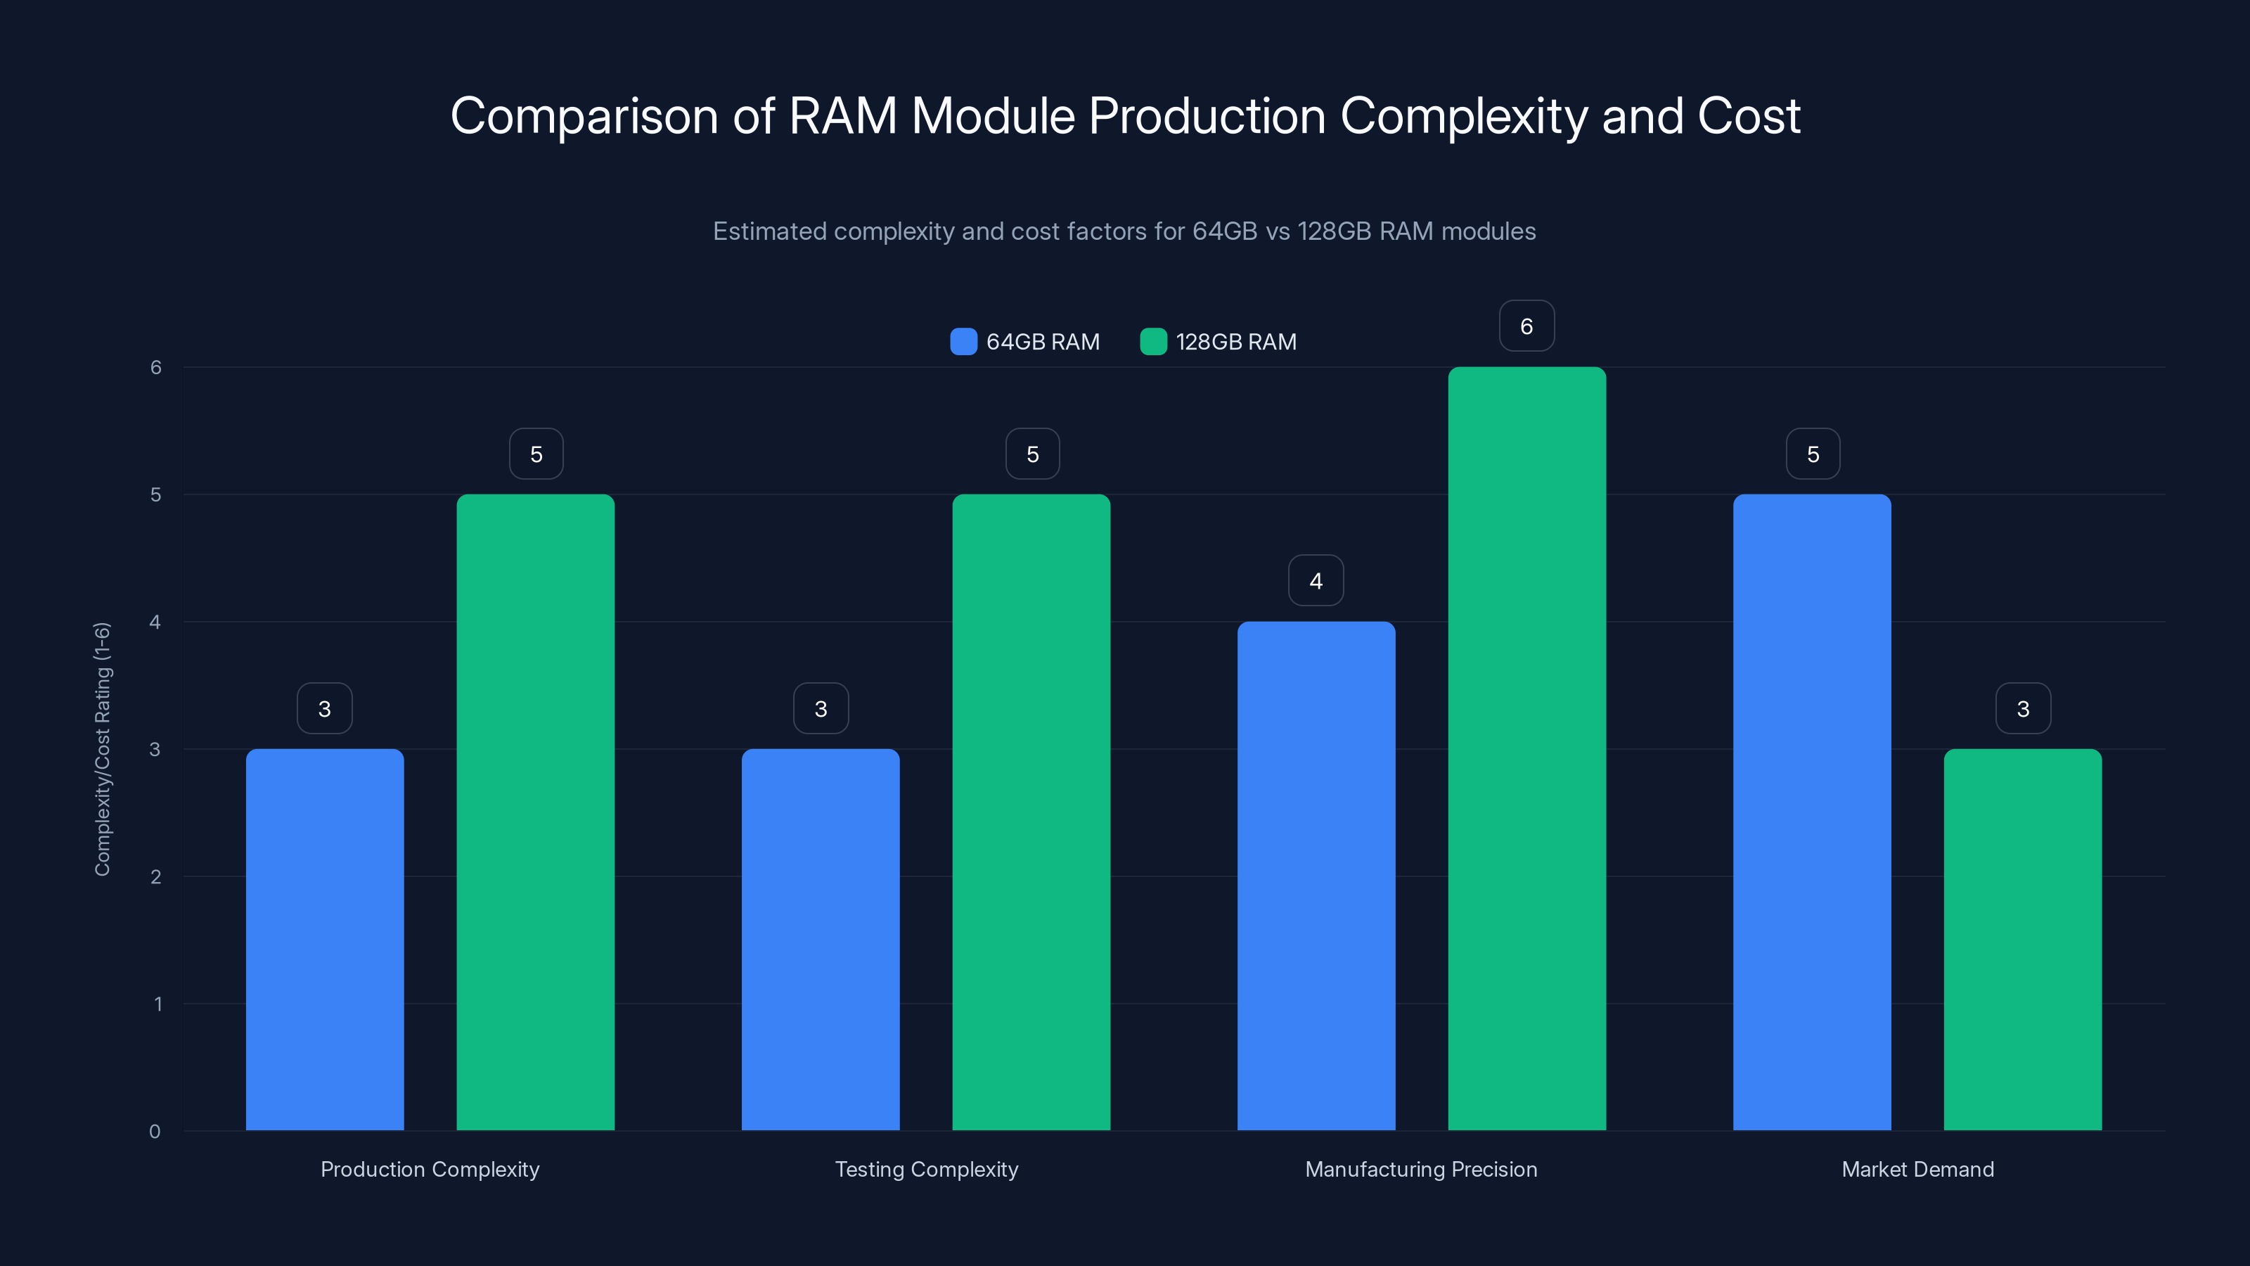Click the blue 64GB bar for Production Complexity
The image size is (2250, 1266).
[x=324, y=939]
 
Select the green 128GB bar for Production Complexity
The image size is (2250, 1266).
[x=535, y=812]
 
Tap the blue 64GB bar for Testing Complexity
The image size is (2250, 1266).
[x=820, y=939]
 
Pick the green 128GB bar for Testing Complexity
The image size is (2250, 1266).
[x=1031, y=812]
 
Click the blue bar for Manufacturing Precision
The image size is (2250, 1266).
[x=1316, y=876]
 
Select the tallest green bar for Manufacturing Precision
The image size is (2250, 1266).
[x=1526, y=749]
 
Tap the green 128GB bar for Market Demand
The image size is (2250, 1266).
[x=2022, y=939]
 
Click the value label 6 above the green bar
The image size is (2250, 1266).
[x=1526, y=326]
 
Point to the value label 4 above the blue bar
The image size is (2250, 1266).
[x=1316, y=580]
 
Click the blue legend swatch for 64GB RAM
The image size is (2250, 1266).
[x=963, y=342]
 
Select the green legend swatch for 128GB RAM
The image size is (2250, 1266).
[x=1153, y=342]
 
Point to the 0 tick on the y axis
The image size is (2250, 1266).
[x=155, y=1132]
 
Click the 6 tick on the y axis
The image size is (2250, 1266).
[x=155, y=368]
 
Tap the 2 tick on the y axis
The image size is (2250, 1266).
[x=155, y=877]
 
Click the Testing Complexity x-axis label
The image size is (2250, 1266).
[x=926, y=1169]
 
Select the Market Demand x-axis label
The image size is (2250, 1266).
[x=1917, y=1169]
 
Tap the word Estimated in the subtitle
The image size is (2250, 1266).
[x=769, y=231]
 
